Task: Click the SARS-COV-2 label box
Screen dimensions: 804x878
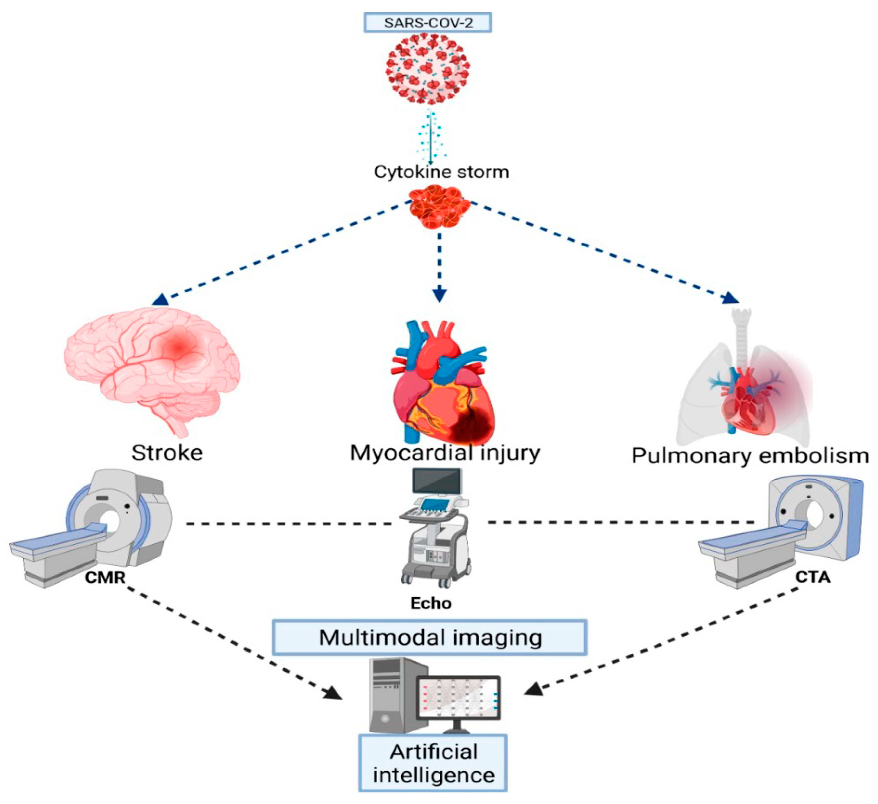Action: (428, 23)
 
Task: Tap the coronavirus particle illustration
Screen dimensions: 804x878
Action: (428, 70)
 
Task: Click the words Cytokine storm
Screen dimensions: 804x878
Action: (441, 172)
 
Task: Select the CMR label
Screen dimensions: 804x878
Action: (105, 578)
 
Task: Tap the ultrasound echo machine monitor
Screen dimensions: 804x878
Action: (437, 481)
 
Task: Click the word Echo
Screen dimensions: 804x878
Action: (431, 603)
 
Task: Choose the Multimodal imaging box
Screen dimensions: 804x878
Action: (430, 638)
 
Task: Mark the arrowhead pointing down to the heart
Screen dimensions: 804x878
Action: (439, 295)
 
